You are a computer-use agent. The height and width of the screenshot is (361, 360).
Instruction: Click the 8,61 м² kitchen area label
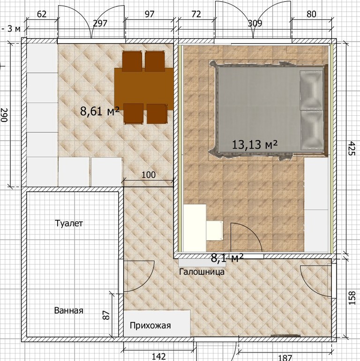[100, 111]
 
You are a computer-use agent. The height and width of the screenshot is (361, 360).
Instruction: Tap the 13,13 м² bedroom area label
[255, 144]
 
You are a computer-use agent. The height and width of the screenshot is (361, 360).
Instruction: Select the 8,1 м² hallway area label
[227, 258]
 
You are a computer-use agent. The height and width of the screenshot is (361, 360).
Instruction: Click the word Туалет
[69, 223]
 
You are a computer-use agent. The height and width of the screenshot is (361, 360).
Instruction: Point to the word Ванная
[68, 310]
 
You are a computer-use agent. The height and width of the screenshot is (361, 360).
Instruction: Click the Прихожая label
[150, 325]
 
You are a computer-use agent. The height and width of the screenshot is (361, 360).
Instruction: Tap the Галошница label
[202, 271]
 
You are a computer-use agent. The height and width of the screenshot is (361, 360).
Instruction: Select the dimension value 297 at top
[100, 23]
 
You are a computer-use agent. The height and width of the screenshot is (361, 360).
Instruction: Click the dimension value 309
[255, 23]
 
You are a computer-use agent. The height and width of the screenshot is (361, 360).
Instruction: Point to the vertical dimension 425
[352, 149]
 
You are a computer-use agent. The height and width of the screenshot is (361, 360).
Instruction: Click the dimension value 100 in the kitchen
[149, 175]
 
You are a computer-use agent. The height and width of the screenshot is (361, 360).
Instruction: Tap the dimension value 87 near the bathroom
[106, 315]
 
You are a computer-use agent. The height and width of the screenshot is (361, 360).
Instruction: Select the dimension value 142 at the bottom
[159, 357]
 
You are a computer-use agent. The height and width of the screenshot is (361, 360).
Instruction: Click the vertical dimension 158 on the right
[352, 298]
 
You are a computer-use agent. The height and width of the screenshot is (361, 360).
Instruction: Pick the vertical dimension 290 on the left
[4, 115]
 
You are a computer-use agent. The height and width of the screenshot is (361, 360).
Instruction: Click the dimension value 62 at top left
[42, 14]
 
